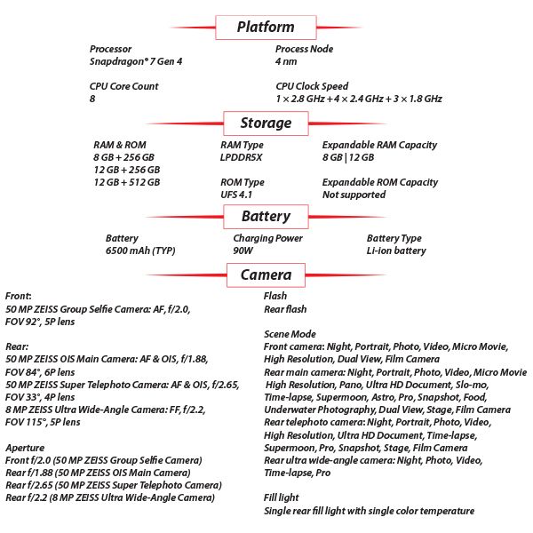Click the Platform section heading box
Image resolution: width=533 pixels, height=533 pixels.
pos(266,28)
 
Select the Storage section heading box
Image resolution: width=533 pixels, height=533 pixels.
pos(266,123)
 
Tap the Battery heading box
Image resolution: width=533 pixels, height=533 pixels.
pos(266,217)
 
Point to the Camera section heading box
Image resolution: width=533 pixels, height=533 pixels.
pos(266,275)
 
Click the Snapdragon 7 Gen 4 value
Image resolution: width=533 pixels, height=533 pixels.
pos(136,61)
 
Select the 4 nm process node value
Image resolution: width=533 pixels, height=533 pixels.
pos(286,61)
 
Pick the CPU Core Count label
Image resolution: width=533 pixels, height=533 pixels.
pos(124,86)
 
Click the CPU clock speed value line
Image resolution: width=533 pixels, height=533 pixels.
pos(359,99)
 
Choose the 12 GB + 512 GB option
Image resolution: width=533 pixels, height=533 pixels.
pos(127,182)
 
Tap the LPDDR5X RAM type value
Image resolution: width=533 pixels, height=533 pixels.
pos(242,157)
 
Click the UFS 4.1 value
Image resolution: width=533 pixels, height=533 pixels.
pos(236,195)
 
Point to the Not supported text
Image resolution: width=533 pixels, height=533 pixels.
pos(354,195)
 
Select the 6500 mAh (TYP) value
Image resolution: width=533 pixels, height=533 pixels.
pos(140,251)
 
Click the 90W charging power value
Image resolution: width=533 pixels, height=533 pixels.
pos(243,251)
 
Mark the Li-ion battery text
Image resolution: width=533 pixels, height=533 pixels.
pos(396,251)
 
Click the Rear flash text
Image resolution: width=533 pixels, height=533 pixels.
pos(285,309)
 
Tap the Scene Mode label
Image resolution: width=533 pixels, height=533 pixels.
pos(290,334)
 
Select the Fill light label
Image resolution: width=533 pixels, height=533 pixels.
pos(281,497)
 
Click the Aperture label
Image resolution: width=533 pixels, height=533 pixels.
pos(25,448)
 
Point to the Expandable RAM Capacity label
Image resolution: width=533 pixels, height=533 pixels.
pos(379,145)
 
